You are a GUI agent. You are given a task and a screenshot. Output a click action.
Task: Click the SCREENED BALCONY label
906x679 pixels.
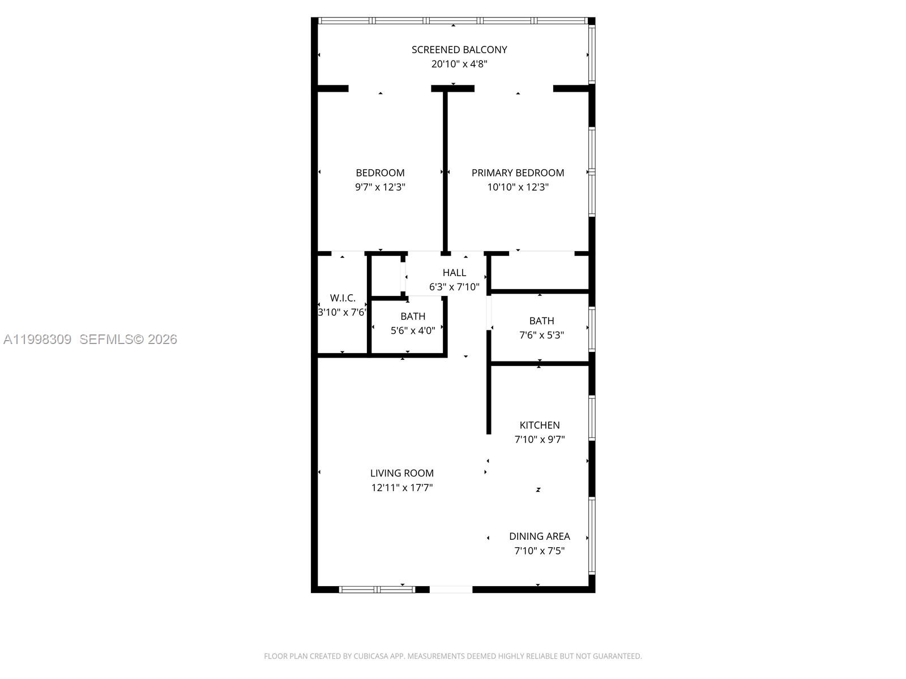pyautogui.click(x=459, y=50)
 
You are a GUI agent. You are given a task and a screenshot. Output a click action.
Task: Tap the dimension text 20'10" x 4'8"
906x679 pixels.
pyautogui.click(x=459, y=64)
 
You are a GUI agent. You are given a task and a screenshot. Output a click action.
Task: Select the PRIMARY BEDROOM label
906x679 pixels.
pyautogui.click(x=518, y=173)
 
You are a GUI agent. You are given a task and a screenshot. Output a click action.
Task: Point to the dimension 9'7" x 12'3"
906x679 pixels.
pyautogui.click(x=380, y=187)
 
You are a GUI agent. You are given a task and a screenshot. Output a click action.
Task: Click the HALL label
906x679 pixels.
pyautogui.click(x=454, y=273)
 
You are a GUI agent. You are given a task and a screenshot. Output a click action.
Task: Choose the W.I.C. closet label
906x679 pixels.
pyautogui.click(x=343, y=298)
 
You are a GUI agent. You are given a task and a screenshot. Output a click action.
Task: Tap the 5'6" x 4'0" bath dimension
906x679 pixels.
pyautogui.click(x=413, y=331)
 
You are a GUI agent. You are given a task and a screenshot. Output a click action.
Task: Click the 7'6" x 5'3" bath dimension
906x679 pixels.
pyautogui.click(x=541, y=335)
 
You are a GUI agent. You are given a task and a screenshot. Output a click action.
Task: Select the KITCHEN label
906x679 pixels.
pyautogui.click(x=540, y=425)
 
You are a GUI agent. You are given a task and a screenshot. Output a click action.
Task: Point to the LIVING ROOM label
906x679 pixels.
pyautogui.click(x=402, y=473)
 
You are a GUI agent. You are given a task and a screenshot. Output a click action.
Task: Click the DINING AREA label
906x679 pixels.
pyautogui.click(x=539, y=536)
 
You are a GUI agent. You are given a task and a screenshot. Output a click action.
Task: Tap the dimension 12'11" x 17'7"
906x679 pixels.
pyautogui.click(x=402, y=488)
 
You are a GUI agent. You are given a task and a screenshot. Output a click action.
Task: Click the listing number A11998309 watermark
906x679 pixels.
pyautogui.click(x=37, y=339)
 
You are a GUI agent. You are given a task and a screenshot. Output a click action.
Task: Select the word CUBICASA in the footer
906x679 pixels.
pyautogui.click(x=370, y=656)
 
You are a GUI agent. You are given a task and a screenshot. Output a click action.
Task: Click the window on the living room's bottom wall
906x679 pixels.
pyautogui.click(x=377, y=590)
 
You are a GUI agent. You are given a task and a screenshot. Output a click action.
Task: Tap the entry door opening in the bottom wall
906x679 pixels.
pyautogui.click(x=451, y=590)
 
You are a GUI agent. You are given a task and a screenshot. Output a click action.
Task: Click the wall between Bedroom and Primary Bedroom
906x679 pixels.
pyautogui.click(x=445, y=170)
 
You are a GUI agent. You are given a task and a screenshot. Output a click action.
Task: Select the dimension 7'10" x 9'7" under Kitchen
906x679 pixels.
pyautogui.click(x=540, y=440)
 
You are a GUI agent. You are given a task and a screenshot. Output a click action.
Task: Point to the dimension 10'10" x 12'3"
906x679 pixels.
pyautogui.click(x=518, y=187)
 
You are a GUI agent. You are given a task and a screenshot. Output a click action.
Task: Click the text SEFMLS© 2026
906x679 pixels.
pyautogui.click(x=129, y=339)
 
